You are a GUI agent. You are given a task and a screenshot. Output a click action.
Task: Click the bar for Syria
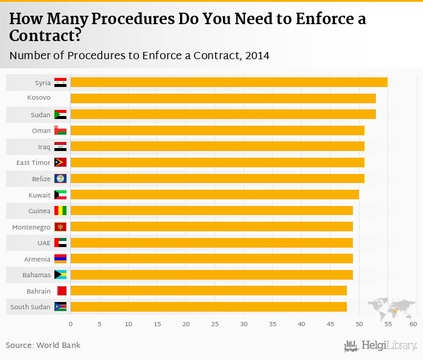click(228, 82)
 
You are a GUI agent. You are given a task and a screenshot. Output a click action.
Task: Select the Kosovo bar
click(223, 98)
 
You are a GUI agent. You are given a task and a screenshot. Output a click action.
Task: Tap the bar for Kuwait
click(215, 194)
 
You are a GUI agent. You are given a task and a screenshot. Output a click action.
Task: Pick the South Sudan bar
click(208, 307)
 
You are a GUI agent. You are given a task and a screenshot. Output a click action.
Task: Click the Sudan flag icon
click(60, 114)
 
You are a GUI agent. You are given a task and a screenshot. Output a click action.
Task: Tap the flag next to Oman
click(60, 130)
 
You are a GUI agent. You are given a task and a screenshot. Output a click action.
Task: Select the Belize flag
click(60, 179)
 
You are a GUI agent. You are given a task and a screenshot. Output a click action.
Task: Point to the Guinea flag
click(60, 211)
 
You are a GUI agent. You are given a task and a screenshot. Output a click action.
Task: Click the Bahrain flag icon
click(60, 291)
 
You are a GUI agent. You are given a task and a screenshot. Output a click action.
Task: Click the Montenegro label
click(31, 227)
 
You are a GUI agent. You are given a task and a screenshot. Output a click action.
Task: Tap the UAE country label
click(44, 243)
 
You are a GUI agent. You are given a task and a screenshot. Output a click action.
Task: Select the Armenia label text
click(37, 259)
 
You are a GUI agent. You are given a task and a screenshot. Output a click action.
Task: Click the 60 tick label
click(413, 325)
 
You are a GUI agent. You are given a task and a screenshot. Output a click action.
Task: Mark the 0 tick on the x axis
click(71, 325)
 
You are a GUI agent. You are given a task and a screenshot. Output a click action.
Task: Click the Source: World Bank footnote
click(43, 346)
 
